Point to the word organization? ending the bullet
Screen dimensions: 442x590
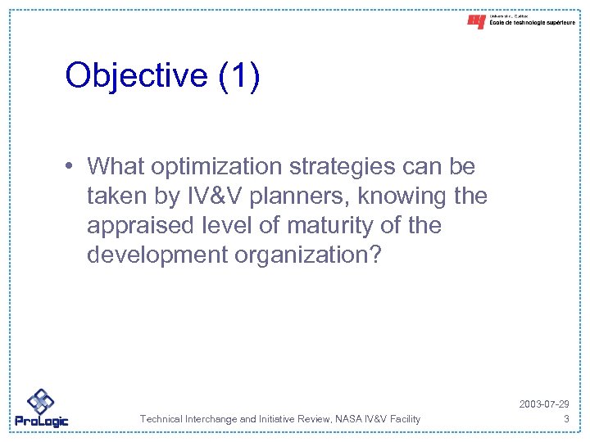(x=308, y=255)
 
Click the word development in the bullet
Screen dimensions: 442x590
(x=157, y=255)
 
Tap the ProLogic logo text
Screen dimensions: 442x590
(x=42, y=421)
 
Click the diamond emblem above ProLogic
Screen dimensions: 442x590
(x=40, y=399)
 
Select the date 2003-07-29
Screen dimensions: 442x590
(x=545, y=405)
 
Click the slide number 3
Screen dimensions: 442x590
(x=566, y=419)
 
